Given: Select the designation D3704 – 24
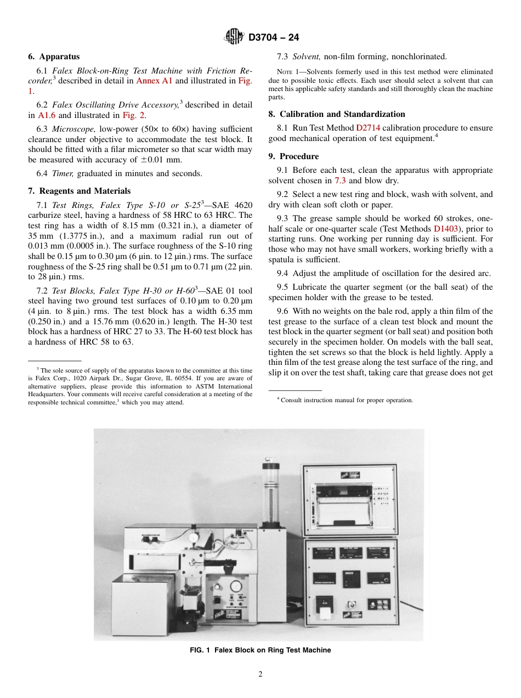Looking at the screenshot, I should coord(274,38).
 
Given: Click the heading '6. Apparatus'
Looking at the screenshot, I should coord(54,57).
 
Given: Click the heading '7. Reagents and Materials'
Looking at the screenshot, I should coord(79,191).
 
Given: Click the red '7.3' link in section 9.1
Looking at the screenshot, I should coord(339,180).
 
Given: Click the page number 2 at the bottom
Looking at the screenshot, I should coord(260,674).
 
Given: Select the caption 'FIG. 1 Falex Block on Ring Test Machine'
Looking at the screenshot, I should coord(260,650).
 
